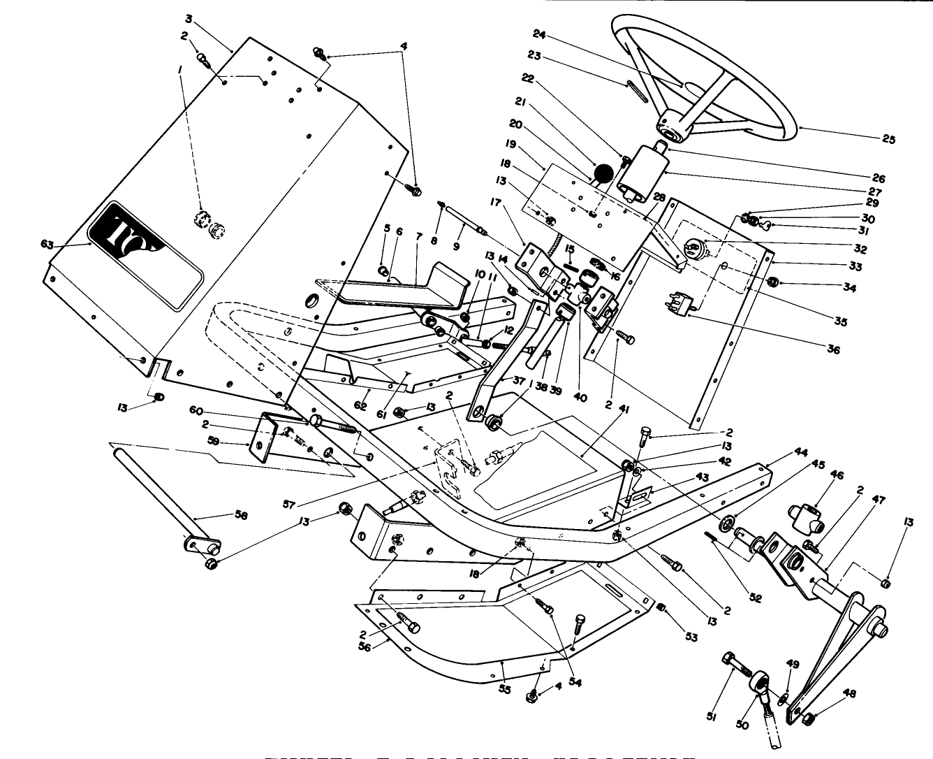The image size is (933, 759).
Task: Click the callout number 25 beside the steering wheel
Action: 888,139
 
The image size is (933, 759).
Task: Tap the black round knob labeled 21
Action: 603,172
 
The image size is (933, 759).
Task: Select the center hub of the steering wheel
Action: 671,129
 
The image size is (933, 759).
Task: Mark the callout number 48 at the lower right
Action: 848,694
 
